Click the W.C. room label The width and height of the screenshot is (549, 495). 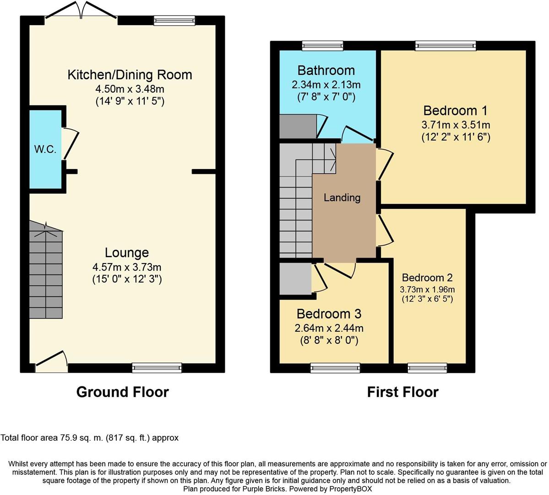(45, 149)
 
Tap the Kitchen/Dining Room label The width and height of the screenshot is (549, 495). (130, 75)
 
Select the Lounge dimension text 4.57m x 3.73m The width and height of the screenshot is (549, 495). (127, 267)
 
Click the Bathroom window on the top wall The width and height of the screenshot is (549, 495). (323, 45)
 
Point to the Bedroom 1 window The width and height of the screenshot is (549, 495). (446, 45)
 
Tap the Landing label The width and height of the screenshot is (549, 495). (342, 198)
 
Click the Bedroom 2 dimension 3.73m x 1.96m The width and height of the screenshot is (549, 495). (427, 290)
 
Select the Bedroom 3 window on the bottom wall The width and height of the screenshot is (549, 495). (336, 368)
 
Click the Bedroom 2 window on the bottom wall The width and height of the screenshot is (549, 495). (428, 368)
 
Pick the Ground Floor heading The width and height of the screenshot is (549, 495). (123, 392)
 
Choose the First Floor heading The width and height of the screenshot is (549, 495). (402, 392)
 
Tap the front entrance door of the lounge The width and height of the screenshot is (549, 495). (51, 362)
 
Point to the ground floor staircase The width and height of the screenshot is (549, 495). (46, 270)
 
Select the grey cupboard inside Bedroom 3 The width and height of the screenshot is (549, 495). (295, 279)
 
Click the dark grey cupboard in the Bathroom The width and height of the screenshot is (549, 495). (298, 126)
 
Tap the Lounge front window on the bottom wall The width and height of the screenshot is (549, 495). (157, 368)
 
